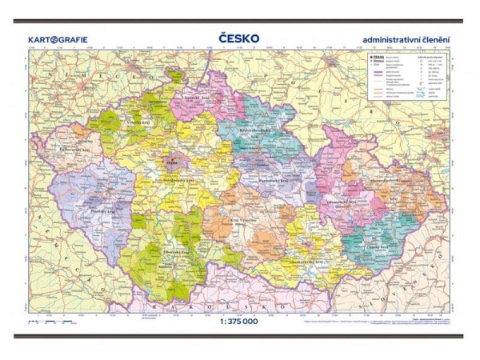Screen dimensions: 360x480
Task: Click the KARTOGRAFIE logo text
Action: (58, 38)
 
